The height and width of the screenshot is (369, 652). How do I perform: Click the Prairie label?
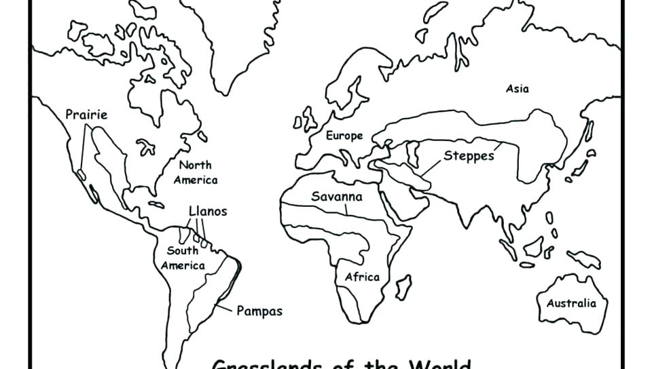point(86,115)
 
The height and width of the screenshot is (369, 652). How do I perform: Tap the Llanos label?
point(208,211)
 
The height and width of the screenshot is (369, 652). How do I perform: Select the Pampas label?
point(259,311)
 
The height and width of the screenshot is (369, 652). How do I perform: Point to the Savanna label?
point(337,197)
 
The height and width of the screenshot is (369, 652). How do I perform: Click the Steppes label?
point(469,156)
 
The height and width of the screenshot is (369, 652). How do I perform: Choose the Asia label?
point(518,89)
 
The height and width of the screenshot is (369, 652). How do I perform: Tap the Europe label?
point(344,136)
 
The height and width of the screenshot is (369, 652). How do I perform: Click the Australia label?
point(571,303)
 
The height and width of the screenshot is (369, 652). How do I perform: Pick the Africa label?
point(362,277)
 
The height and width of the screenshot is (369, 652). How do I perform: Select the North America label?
point(196,172)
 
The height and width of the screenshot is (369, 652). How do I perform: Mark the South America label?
point(183,258)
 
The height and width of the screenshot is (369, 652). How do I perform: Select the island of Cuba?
point(156,203)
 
